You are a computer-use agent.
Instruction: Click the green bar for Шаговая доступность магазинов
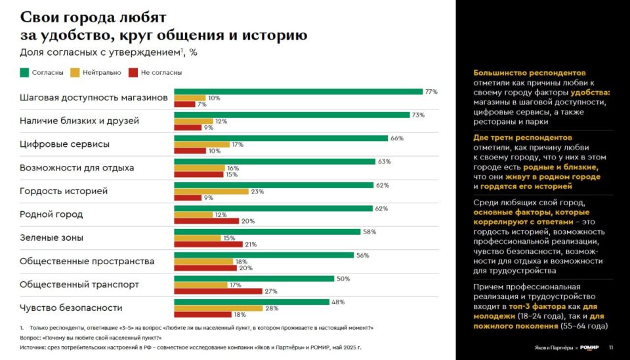point(298,92)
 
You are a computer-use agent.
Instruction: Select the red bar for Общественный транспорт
point(218,291)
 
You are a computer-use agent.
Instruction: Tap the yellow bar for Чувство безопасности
point(218,308)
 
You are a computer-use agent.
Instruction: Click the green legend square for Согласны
point(24,73)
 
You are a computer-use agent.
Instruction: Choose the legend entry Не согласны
point(155,73)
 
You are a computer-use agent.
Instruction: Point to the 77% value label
point(431,92)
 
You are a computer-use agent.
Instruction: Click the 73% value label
point(418,115)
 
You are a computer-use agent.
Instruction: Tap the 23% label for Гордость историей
point(257,191)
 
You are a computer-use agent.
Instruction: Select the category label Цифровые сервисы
point(64,144)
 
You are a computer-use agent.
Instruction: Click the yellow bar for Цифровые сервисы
point(201,144)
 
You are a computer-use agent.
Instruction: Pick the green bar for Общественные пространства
point(264,255)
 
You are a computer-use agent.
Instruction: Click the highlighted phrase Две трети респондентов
point(522,138)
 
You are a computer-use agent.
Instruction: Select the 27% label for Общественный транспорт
point(271,291)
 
